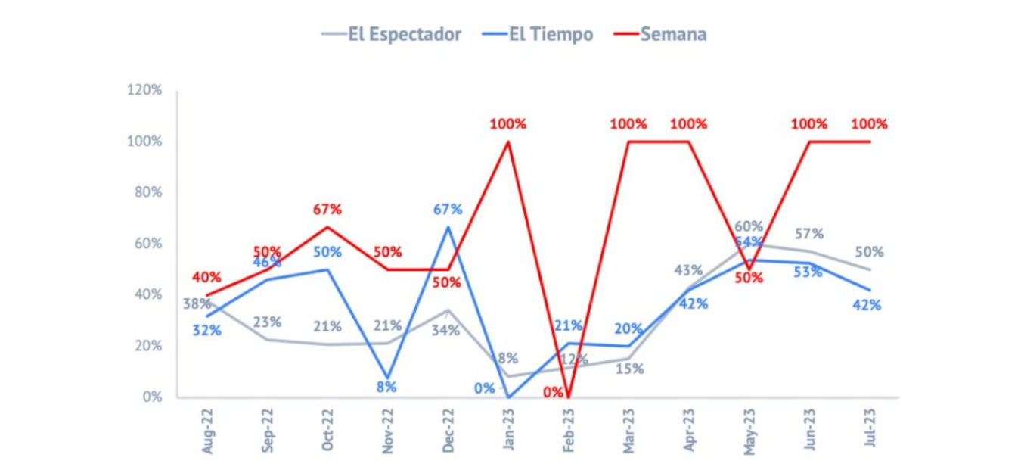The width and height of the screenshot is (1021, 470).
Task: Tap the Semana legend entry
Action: pos(660,34)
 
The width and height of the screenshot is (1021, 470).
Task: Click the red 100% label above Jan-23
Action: pos(507,124)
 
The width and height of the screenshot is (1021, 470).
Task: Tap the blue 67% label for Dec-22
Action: pos(448,210)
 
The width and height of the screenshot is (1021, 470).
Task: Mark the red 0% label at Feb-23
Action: pos(553,392)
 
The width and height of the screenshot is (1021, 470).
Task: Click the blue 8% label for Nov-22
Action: pos(387,387)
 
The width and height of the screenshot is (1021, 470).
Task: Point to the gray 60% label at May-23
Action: pos(749,226)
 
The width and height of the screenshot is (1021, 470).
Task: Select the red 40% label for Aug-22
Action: pos(206,277)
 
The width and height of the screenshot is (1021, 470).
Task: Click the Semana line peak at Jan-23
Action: pos(507,142)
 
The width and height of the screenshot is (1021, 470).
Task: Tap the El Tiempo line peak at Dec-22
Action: pos(448,226)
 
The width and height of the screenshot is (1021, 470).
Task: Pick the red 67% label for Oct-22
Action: pos(327,209)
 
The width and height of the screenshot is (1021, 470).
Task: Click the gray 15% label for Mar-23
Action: pos(629,369)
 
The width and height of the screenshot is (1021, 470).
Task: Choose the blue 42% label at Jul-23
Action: pos(866,305)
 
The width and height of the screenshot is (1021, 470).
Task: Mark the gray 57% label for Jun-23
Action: pos(808,234)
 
